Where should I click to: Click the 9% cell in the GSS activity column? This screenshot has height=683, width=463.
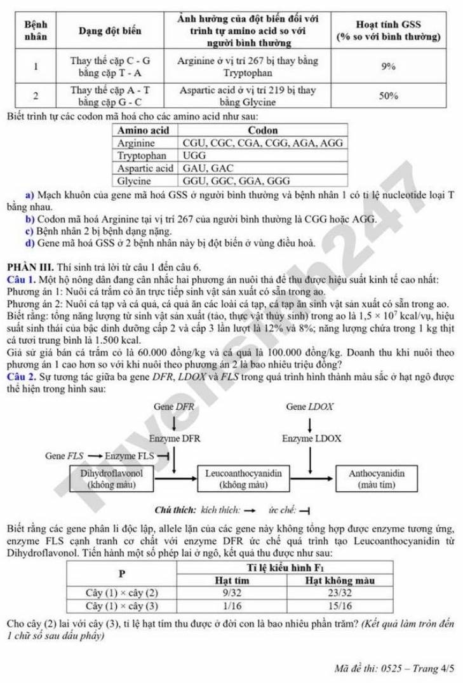click(x=389, y=66)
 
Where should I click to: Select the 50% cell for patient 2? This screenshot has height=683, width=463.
click(x=389, y=96)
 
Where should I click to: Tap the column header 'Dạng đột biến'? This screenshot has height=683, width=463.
click(x=110, y=30)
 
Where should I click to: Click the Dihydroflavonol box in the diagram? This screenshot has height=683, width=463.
click(x=112, y=479)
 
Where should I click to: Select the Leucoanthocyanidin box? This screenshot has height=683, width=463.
click(x=241, y=479)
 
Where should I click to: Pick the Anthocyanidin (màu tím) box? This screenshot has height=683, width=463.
click(x=377, y=479)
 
